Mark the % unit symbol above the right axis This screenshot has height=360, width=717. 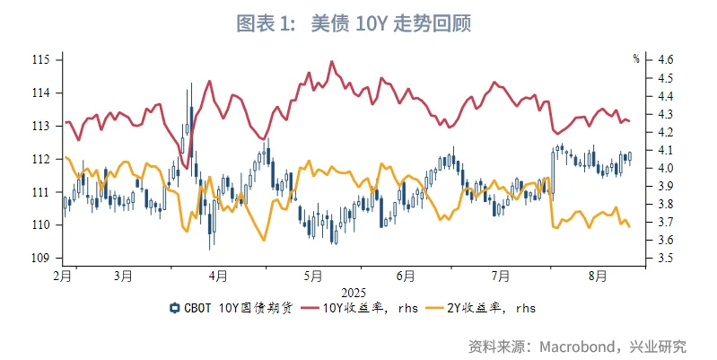[636, 58]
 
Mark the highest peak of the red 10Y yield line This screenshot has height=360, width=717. [331, 62]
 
